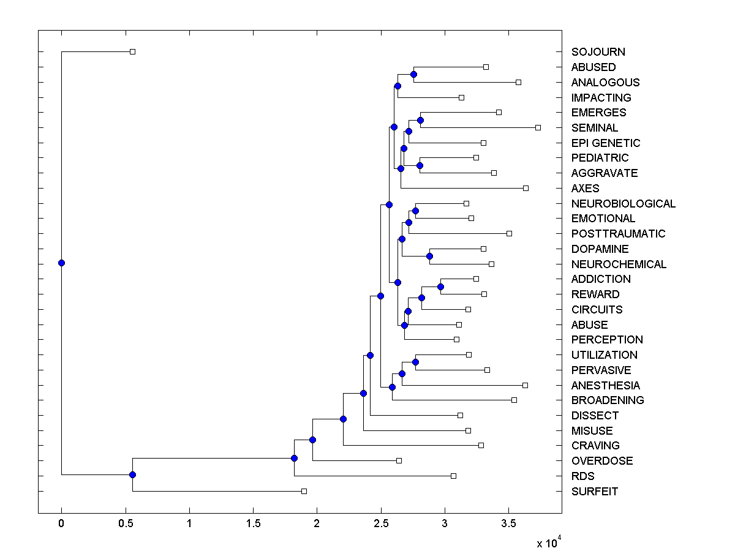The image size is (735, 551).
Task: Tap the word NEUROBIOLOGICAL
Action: [623, 204]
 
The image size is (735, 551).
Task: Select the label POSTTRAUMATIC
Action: [618, 234]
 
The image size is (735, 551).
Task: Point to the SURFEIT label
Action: [594, 492]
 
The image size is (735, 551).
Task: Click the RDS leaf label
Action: [582, 476]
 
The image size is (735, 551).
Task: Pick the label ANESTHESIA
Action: [605, 386]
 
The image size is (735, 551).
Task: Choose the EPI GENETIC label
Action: [605, 143]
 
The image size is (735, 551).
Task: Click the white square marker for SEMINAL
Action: [538, 127]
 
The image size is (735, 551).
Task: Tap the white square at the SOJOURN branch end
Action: [132, 51]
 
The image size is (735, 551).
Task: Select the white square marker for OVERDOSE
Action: [399, 460]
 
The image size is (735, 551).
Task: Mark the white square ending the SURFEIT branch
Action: [304, 491]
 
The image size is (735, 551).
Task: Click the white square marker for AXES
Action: [526, 188]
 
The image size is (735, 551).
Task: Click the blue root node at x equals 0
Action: [61, 263]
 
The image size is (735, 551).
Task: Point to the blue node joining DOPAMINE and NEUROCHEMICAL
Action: [429, 256]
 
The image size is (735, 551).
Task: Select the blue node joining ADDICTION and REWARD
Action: [440, 287]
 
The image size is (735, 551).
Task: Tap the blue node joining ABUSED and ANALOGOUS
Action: [413, 74]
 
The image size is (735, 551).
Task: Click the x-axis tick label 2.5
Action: [380, 523]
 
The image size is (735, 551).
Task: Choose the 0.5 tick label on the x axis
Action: [125, 523]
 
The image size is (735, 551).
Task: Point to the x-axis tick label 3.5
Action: [508, 523]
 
